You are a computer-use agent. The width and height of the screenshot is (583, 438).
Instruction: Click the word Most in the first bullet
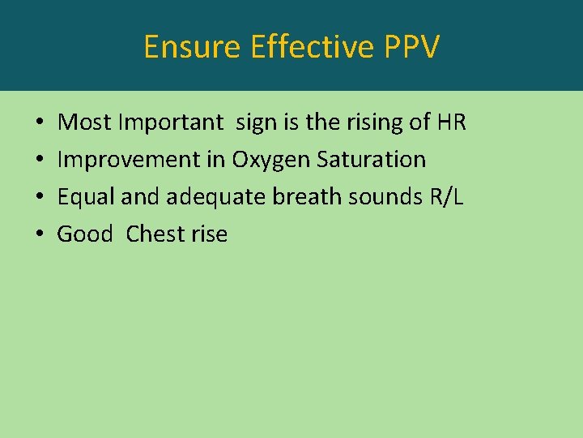tap(84, 122)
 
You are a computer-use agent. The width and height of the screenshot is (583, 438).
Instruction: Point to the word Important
tap(170, 122)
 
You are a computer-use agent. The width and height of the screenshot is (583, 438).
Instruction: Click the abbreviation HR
tap(451, 122)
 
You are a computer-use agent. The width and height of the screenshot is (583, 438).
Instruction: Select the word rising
tap(376, 122)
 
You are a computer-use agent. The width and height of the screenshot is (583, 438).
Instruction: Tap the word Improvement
tap(130, 160)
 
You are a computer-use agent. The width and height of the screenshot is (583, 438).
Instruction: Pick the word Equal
tap(84, 197)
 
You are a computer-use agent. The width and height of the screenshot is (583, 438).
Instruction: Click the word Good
tap(85, 234)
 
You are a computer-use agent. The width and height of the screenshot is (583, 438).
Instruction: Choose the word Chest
tap(155, 234)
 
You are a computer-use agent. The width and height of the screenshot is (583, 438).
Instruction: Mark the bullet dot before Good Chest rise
tap(40, 235)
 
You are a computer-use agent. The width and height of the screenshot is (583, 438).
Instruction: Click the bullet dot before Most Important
tap(40, 123)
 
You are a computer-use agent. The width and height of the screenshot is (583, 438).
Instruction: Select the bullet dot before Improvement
tap(40, 161)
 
